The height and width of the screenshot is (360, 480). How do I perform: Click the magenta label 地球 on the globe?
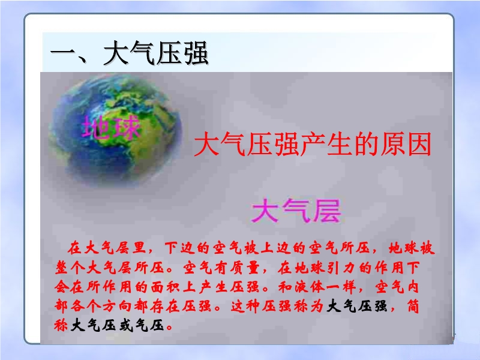[x=111, y=127]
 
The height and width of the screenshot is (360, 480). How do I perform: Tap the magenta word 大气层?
[x=296, y=211]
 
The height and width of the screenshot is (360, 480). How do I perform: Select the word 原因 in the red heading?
[x=406, y=144]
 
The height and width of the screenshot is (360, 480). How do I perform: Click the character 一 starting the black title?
[x=63, y=53]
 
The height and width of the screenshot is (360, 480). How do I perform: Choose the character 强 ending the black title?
[x=196, y=53]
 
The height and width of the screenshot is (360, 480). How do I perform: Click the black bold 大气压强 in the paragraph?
[x=357, y=306]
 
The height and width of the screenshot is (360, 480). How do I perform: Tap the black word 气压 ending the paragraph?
[x=150, y=325]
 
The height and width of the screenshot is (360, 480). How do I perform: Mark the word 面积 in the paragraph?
[x=166, y=287]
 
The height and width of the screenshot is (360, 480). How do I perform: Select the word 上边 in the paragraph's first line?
[x=276, y=248]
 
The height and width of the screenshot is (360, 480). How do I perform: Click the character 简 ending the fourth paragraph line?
[x=413, y=306]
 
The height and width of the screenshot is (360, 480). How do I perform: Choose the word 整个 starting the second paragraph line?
[x=70, y=268]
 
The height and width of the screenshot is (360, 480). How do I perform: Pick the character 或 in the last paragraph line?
[x=125, y=325]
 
